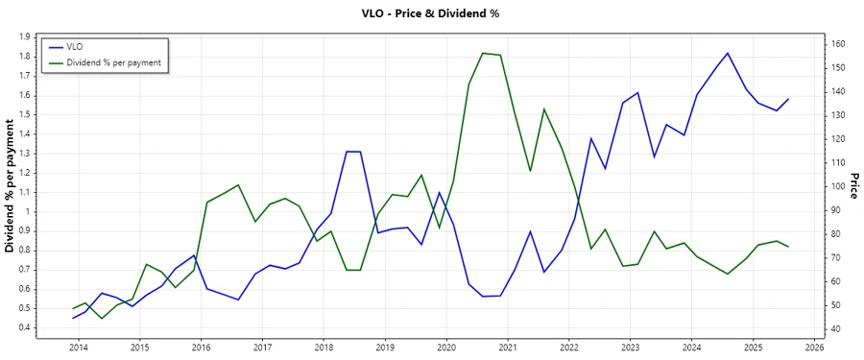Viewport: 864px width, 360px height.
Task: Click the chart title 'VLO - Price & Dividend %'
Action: [431, 13]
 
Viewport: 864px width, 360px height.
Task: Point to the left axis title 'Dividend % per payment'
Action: [11, 186]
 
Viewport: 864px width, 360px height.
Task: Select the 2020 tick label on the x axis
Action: [445, 347]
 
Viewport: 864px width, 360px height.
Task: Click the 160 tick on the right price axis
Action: [837, 44]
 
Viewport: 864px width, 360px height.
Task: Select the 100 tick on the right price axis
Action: [837, 186]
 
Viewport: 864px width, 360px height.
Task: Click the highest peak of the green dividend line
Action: [483, 53]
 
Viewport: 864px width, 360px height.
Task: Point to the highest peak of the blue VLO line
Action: [728, 53]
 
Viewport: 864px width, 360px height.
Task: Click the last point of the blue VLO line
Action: [788, 99]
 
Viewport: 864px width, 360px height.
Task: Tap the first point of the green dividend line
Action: [73, 308]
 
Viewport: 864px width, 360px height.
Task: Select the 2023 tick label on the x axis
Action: [630, 347]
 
